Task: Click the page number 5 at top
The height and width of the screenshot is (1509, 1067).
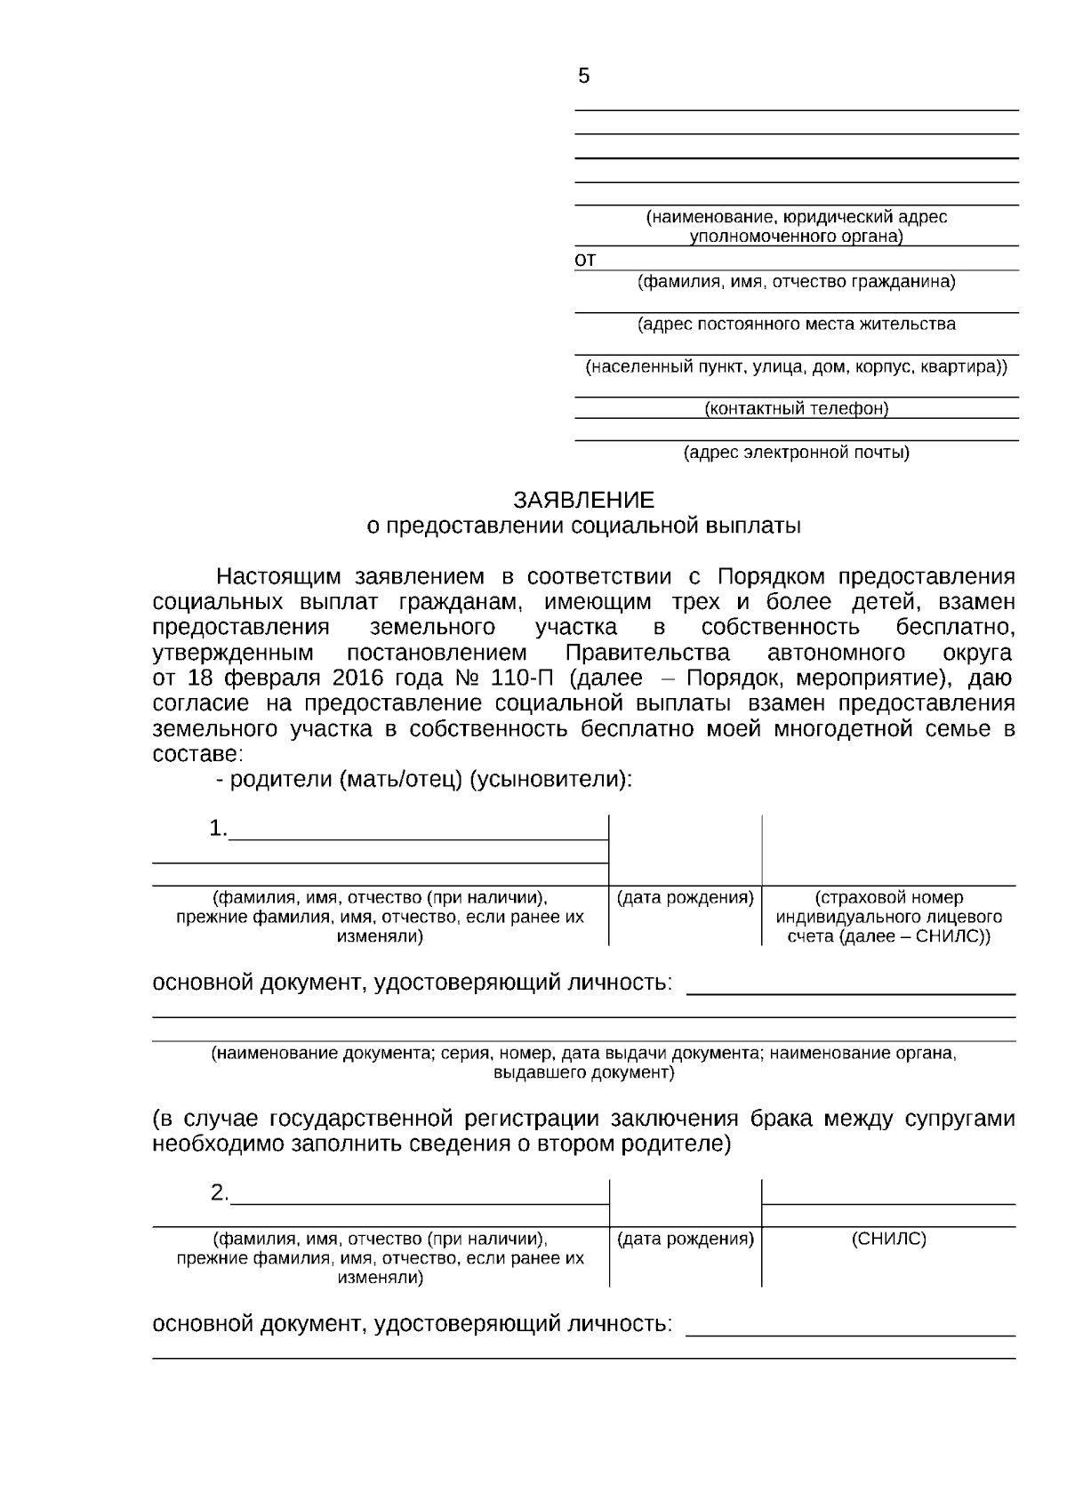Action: (583, 76)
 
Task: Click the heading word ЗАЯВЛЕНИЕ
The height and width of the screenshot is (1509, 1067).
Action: (583, 500)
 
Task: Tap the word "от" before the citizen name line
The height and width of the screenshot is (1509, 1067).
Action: (585, 261)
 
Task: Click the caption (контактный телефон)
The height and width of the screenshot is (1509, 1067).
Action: (796, 409)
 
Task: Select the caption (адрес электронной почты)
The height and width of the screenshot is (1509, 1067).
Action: (796, 453)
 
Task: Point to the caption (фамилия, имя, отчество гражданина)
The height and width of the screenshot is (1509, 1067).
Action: (796, 283)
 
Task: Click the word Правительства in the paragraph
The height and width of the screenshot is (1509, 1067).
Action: (647, 653)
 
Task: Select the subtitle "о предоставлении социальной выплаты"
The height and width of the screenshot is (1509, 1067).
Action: (583, 526)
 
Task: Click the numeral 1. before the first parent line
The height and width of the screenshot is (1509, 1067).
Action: (218, 829)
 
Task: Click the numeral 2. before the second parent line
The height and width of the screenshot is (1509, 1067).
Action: (219, 1193)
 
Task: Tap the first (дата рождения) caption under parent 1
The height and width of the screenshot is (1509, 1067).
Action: (685, 897)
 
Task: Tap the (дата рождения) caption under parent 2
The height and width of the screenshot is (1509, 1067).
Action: (685, 1239)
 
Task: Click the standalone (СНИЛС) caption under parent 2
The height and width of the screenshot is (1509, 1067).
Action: (888, 1239)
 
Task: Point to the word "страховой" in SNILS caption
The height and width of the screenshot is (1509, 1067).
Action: (855, 897)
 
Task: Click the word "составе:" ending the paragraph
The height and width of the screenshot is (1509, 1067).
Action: (197, 755)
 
